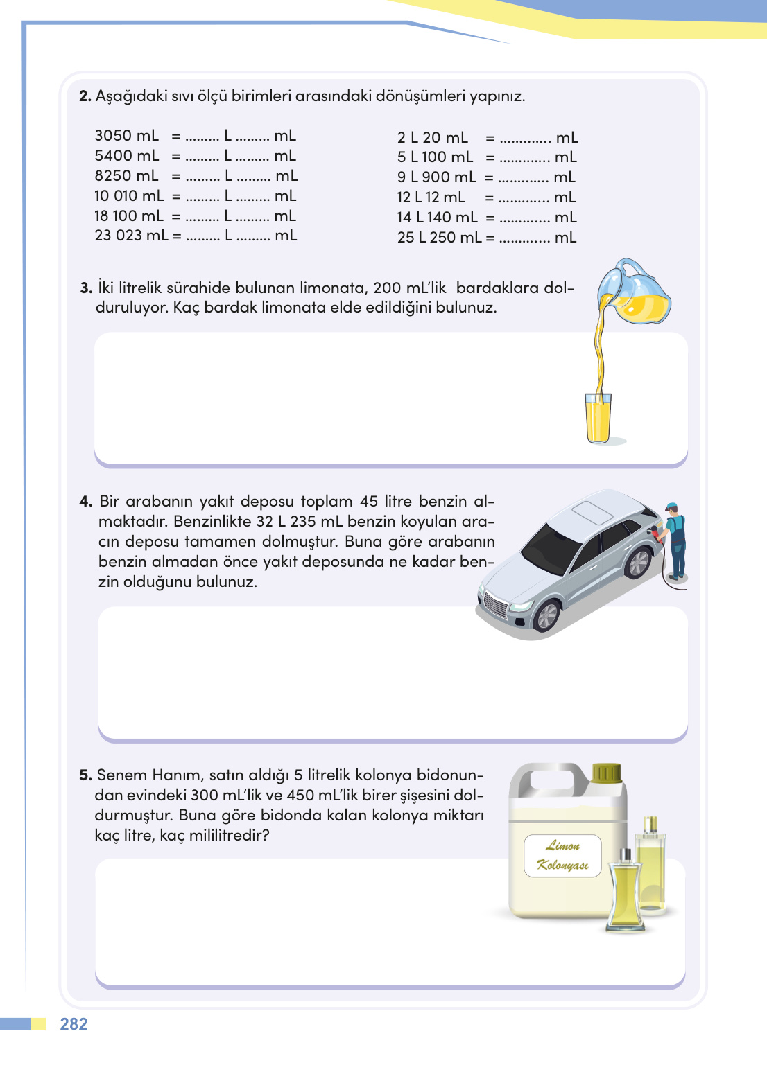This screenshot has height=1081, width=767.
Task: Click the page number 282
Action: pyautogui.click(x=74, y=1023)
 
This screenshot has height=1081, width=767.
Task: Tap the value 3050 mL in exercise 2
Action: pyautogui.click(x=126, y=136)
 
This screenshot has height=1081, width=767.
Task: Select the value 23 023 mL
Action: pyautogui.click(x=131, y=236)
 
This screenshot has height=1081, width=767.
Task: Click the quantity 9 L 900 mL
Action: pyautogui.click(x=437, y=177)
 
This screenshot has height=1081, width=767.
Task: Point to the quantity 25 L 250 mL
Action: pyautogui.click(x=440, y=238)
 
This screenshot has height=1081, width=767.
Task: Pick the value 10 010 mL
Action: pyautogui.click(x=129, y=196)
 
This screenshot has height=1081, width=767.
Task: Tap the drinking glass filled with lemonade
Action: pyautogui.click(x=598, y=418)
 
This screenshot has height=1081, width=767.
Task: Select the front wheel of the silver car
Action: pyautogui.click(x=547, y=616)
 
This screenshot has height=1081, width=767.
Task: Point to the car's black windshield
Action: pyautogui.click(x=551, y=550)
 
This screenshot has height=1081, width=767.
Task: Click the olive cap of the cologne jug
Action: pyautogui.click(x=606, y=773)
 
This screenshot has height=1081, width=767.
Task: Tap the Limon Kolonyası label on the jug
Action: pyautogui.click(x=562, y=855)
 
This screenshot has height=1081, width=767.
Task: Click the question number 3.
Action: pyautogui.click(x=86, y=288)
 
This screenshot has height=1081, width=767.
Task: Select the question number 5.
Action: pyautogui.click(x=85, y=775)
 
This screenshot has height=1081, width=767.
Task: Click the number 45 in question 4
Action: pyautogui.click(x=368, y=502)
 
